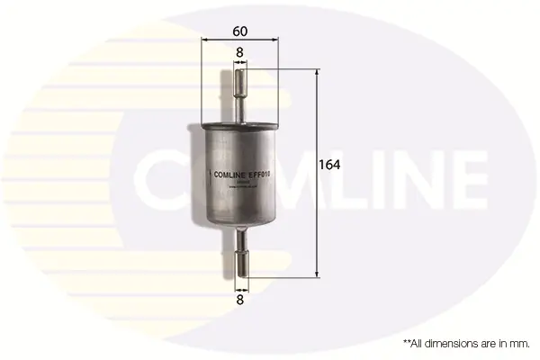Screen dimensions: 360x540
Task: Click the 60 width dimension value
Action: (239, 31)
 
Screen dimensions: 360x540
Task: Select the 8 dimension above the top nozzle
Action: (239, 53)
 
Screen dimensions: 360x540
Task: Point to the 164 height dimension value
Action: (330, 165)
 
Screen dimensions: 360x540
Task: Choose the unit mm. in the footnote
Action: (517, 343)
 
